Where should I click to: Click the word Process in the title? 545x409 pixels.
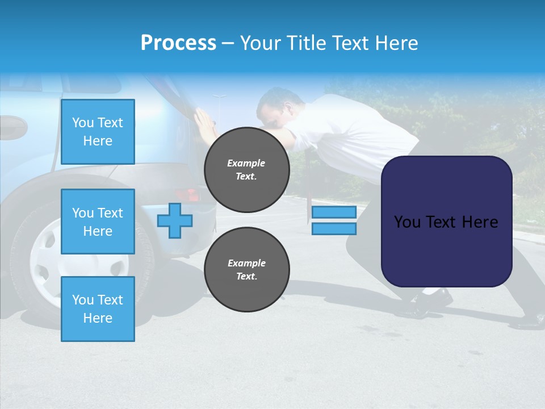(178, 43)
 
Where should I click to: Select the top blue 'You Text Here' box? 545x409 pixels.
(98, 132)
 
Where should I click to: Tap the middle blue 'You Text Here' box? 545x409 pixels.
(98, 222)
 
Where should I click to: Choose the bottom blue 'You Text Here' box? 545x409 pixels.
(98, 309)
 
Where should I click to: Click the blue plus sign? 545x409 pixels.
(175, 220)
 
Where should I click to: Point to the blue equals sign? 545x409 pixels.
(334, 220)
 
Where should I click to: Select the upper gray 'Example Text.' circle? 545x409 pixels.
(246, 169)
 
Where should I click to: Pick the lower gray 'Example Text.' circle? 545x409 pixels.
(246, 269)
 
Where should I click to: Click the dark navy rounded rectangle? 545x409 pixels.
(446, 222)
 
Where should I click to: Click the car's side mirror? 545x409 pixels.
(11, 128)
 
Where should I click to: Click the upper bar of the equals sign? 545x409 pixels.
(334, 212)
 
